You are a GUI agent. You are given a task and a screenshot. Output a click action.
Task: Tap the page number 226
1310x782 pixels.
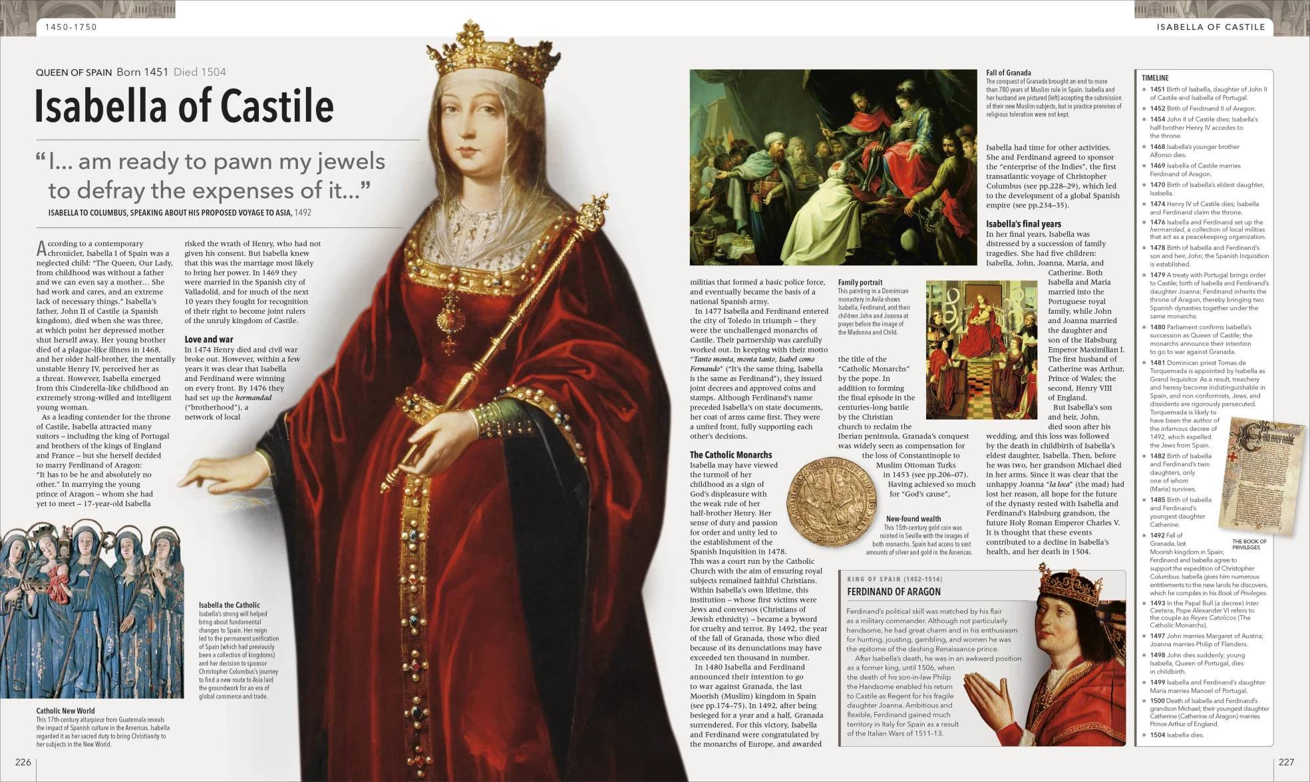[x=23, y=761]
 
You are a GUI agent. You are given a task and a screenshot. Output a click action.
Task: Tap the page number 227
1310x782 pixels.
[x=1286, y=761]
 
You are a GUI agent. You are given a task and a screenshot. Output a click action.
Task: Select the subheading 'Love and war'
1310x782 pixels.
[x=209, y=339]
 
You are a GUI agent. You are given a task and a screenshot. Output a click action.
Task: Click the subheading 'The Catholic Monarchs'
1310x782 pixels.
[x=731, y=455]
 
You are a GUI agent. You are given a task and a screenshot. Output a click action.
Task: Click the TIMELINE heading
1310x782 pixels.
[x=1155, y=78]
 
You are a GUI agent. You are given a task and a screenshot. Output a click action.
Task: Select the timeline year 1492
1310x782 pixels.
[x=1157, y=535]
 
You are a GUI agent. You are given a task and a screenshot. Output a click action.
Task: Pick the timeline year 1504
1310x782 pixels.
[x=1157, y=735]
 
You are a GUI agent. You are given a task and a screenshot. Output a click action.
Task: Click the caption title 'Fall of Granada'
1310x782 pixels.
[x=1008, y=72]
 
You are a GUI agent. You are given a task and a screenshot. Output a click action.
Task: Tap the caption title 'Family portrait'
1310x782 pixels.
[x=860, y=283]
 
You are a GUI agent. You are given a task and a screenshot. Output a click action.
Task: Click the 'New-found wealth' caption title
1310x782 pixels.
[x=913, y=519]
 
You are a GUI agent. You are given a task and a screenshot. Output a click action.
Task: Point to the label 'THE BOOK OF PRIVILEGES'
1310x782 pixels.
[x=1249, y=544]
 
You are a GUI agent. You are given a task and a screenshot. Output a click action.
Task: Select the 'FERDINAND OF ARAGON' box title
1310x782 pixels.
[x=894, y=592]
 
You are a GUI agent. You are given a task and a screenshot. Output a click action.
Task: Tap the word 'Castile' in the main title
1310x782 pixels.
[x=277, y=106]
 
